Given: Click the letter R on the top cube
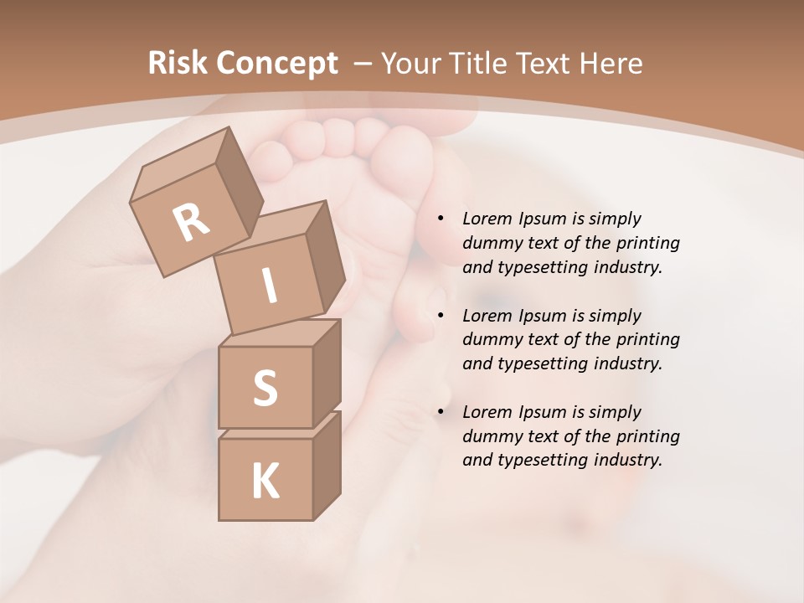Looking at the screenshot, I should tap(191, 222).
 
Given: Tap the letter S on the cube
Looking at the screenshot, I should tap(265, 388).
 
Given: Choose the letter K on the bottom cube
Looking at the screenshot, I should tap(265, 482).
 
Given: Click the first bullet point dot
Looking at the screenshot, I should tap(441, 219).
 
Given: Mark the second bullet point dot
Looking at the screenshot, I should tap(441, 316).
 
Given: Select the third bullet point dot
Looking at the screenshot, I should tap(441, 412).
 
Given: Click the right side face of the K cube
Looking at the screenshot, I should tap(327, 465).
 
